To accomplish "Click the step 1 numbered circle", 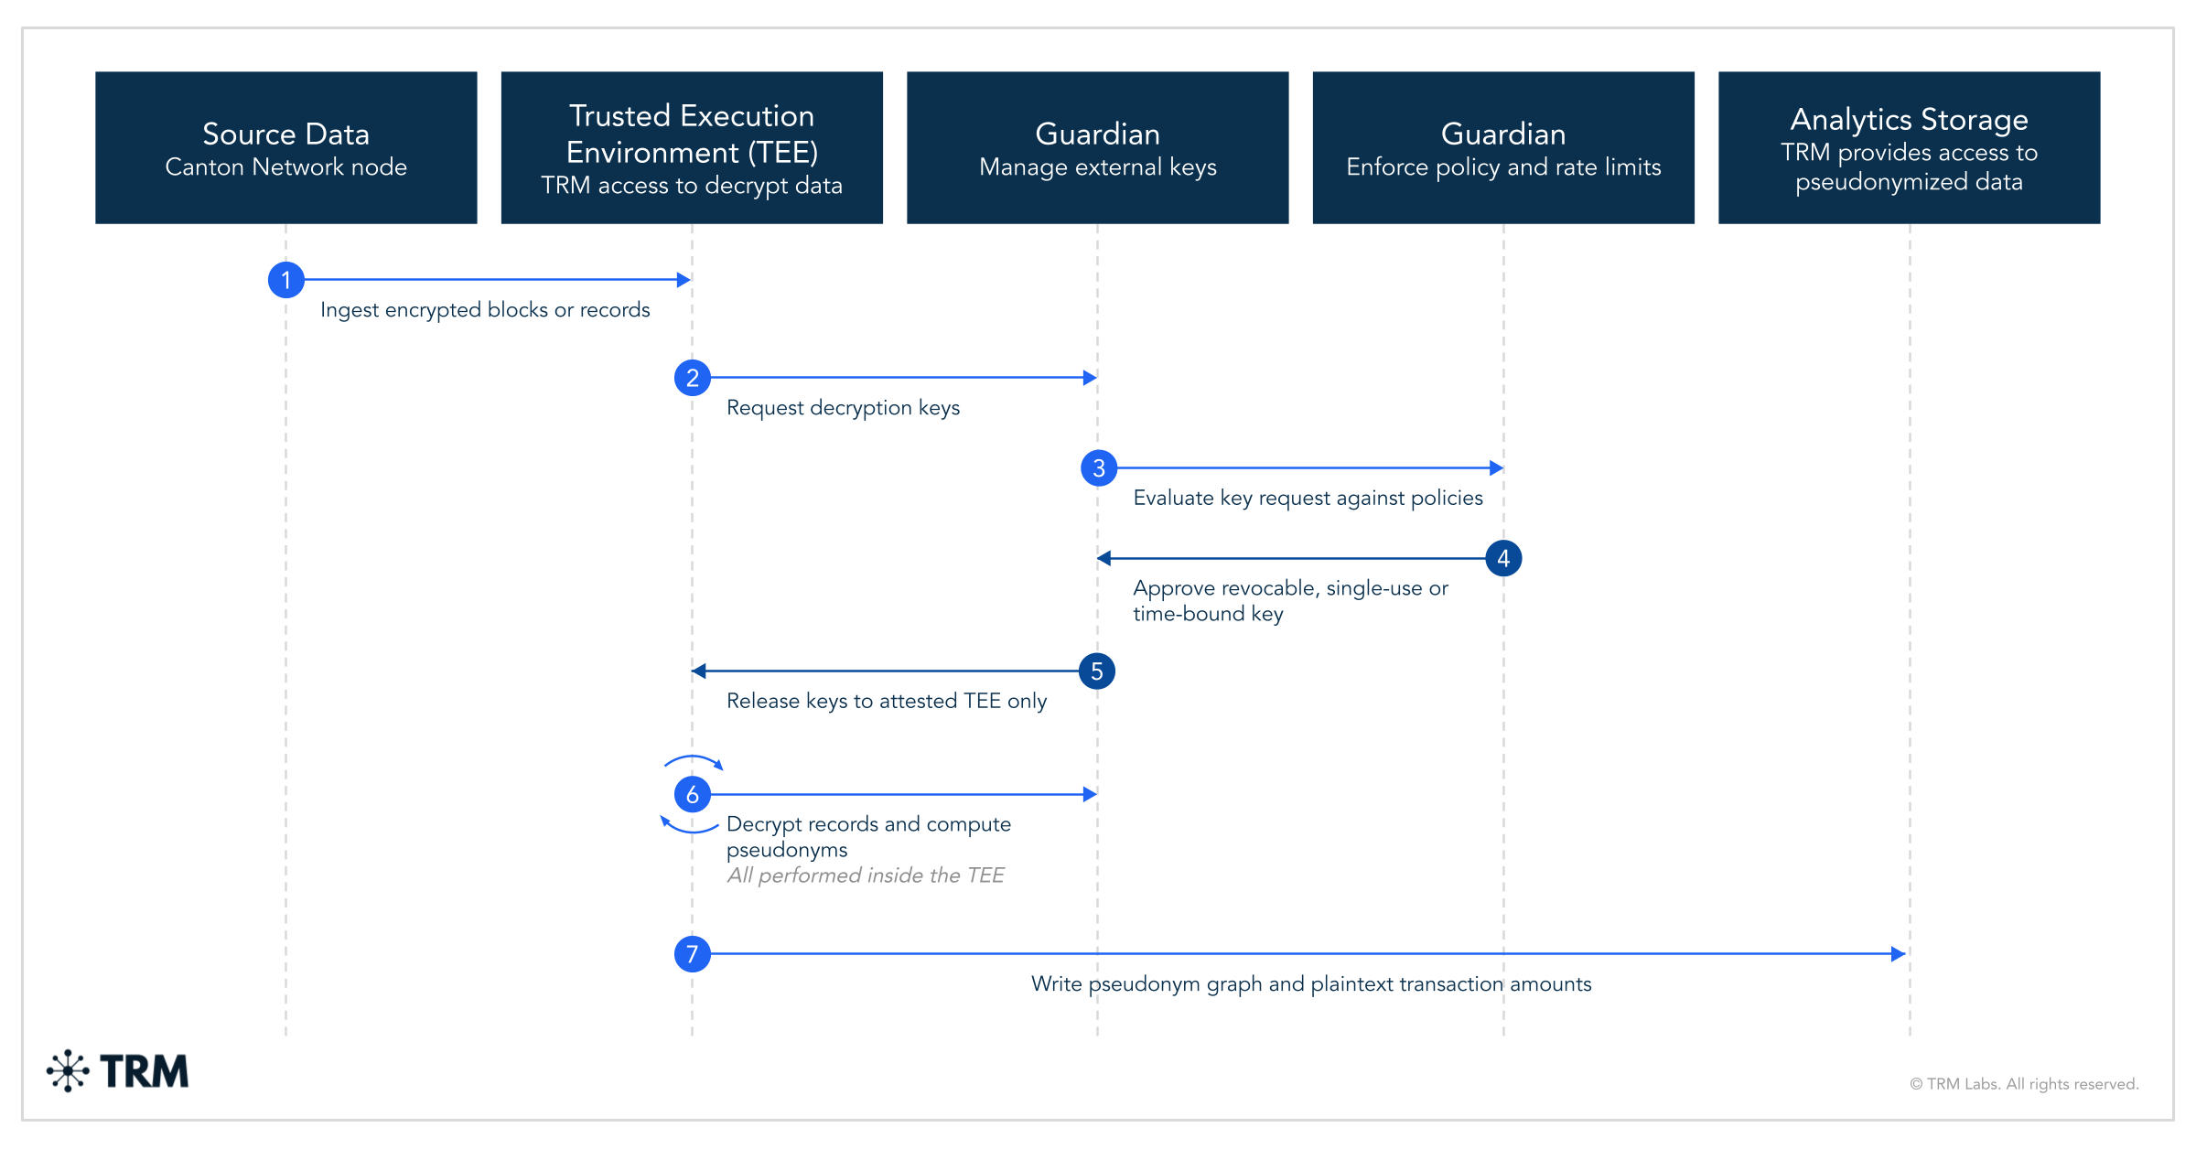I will [285, 280].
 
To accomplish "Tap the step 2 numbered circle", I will [692, 378].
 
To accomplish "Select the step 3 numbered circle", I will [1098, 468].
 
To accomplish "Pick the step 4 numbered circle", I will [1503, 558].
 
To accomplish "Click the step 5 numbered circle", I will [1097, 671].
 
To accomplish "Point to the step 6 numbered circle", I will [692, 794].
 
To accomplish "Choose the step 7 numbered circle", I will [692, 954].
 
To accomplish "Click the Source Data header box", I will [285, 147].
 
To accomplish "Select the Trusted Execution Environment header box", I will [692, 147].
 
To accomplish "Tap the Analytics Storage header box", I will [1909, 147].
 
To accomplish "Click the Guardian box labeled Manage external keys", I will [1097, 147].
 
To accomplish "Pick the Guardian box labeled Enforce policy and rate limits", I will [1503, 147].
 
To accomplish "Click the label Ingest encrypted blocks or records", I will [485, 310].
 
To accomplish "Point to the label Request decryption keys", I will [843, 408].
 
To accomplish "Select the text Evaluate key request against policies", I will [1308, 498].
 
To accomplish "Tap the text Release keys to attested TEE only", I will [886, 701].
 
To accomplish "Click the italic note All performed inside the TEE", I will [866, 875].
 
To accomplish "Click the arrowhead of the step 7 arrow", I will [1899, 954].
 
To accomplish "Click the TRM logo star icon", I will [68, 1071].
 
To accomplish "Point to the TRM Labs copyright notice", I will [2024, 1084].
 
